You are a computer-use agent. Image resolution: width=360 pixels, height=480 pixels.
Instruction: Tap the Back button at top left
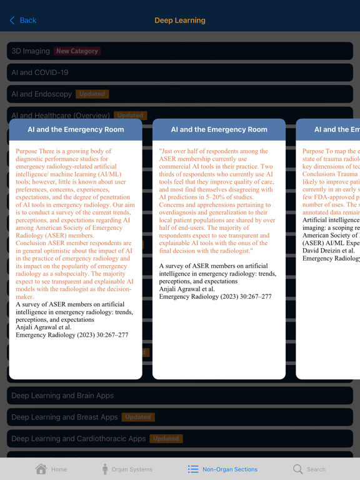coord(23,21)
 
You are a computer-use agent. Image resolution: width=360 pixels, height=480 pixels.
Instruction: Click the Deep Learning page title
coord(180,21)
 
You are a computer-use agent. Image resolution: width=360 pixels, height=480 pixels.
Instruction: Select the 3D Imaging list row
coord(31,51)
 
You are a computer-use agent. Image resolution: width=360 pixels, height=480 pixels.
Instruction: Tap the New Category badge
coord(77,51)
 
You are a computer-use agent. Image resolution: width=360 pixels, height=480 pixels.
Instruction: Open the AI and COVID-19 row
coord(40,72)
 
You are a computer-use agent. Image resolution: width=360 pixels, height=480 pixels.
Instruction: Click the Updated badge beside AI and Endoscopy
coord(92,94)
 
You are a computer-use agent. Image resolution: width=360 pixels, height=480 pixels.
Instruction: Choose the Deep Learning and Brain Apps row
coord(62,396)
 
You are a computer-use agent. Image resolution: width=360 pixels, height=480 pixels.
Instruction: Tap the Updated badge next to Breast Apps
coord(138,417)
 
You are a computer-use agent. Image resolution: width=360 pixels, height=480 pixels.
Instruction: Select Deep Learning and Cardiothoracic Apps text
coord(78,439)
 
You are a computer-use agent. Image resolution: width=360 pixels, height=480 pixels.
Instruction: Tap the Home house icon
coord(41,469)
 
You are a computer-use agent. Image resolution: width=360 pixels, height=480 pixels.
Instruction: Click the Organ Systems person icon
coord(105,469)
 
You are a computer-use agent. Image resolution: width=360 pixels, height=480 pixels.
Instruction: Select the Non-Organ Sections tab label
coord(229,469)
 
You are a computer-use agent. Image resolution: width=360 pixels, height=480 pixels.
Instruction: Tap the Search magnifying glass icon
coord(298,469)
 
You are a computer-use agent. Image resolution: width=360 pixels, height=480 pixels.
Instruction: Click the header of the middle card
coord(219,130)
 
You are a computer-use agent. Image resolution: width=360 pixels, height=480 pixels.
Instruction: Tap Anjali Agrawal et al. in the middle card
coord(187,289)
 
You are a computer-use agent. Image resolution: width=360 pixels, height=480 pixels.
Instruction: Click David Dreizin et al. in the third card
coord(329,251)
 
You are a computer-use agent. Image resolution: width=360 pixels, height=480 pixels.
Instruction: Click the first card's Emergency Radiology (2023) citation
coord(72,335)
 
